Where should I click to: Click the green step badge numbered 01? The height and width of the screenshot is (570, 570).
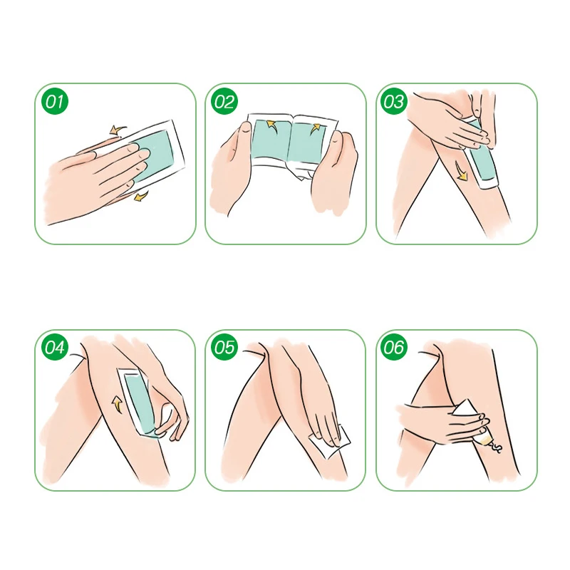tap(55, 101)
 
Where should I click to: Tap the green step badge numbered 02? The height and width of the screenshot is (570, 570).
tap(224, 101)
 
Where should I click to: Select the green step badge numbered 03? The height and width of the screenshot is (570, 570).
tap(394, 101)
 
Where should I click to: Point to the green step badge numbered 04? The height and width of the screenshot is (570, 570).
tap(55, 347)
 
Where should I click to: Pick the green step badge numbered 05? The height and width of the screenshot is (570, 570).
tap(224, 347)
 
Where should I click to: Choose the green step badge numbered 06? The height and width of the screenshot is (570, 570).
tap(394, 347)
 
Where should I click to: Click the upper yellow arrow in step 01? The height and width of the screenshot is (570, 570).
tap(118, 130)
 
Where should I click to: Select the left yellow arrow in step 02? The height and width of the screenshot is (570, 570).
tap(271, 125)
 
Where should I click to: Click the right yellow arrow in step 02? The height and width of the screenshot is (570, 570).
tap(316, 129)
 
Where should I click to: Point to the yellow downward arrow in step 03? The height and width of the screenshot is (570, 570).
tap(461, 171)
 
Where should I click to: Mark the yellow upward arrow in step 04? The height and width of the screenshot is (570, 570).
tap(117, 405)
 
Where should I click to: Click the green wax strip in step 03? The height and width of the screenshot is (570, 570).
tap(481, 152)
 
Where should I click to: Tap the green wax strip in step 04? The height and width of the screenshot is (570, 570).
tap(139, 403)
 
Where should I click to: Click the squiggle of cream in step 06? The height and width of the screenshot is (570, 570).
tap(495, 447)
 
